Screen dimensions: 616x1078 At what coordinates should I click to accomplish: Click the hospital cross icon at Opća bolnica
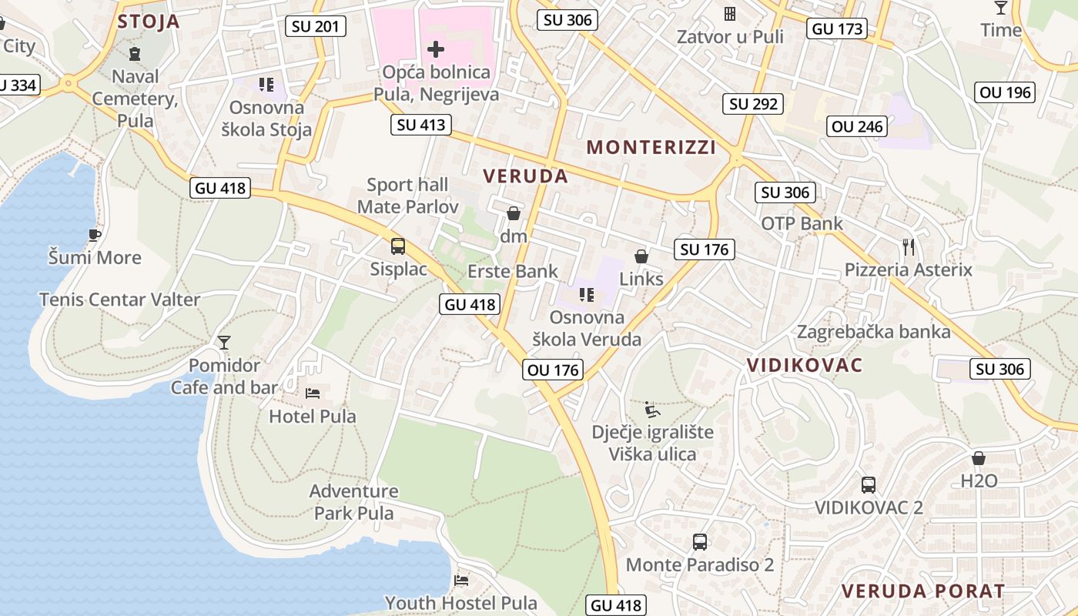(x=436, y=49)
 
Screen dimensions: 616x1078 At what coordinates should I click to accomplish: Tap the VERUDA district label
(x=526, y=176)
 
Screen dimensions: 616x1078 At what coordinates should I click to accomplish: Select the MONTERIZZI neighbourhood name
(x=651, y=147)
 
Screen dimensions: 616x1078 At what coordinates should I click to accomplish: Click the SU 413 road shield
(x=420, y=124)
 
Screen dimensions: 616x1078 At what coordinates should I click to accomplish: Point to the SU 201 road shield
(x=316, y=27)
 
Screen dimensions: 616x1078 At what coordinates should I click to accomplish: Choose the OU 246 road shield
(x=858, y=126)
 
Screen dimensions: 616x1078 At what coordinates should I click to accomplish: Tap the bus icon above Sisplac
(x=398, y=246)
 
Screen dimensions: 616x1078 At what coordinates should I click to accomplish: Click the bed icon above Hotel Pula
(x=313, y=393)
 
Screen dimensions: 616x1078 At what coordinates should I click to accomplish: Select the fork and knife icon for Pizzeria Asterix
(x=909, y=247)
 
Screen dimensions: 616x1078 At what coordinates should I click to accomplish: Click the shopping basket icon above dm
(x=514, y=213)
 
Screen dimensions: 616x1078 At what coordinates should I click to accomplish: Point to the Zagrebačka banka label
(x=873, y=332)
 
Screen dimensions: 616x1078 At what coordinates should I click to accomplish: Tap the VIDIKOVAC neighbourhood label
(x=805, y=365)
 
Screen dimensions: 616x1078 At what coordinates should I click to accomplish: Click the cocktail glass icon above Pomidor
(x=224, y=342)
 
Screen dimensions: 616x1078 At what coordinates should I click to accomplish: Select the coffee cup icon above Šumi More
(x=95, y=235)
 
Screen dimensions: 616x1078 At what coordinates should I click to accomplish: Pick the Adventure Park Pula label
(x=353, y=502)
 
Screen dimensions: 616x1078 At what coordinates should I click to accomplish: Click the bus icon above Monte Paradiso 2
(x=700, y=542)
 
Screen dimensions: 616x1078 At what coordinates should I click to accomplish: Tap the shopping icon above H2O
(x=979, y=458)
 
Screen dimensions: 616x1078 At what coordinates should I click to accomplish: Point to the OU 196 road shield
(x=1005, y=93)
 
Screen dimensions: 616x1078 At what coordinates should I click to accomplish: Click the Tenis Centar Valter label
(x=119, y=300)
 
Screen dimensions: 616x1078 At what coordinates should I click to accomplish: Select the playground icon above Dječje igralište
(x=652, y=409)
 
